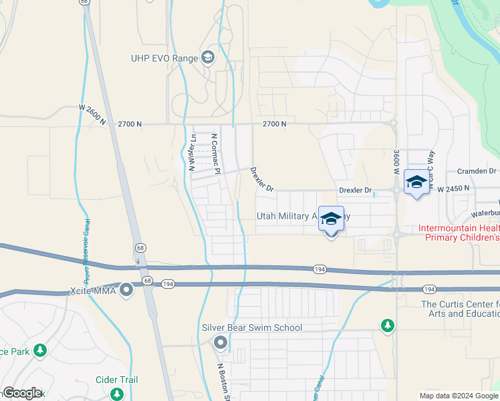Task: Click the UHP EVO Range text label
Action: (164, 58)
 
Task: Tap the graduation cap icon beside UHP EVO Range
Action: (208, 58)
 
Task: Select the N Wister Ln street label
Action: (192, 153)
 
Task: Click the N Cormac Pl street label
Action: (215, 153)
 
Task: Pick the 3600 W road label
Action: (397, 162)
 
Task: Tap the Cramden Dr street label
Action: (477, 172)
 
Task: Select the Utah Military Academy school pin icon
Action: (331, 220)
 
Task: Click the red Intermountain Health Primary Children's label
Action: (459, 233)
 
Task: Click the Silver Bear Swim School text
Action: (252, 327)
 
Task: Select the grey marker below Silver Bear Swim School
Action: (221, 344)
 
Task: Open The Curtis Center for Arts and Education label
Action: (460, 309)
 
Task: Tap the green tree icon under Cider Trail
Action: (117, 394)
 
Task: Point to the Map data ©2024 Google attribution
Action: (459, 396)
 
